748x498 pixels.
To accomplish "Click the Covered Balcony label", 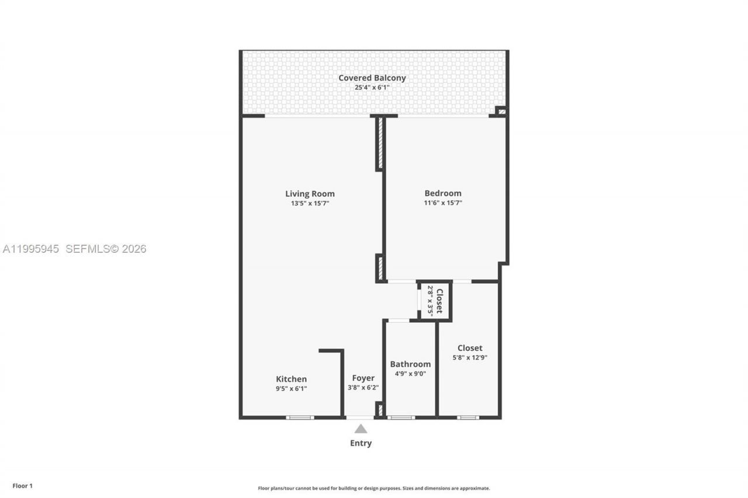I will [372, 78].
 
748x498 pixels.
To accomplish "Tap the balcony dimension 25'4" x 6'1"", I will [372, 88].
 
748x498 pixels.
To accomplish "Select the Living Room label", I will [310, 194].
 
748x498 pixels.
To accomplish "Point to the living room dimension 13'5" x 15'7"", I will [310, 203].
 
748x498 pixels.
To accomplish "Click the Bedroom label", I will [442, 193].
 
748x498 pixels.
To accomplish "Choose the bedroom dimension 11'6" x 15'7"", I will [442, 203].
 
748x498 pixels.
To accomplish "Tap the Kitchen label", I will [291, 379].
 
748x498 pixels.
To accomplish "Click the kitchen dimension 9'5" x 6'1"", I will [291, 388].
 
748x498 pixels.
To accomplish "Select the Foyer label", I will [363, 378].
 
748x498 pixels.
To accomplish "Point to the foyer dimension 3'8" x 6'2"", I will [363, 387].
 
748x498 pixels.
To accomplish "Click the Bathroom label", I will [410, 364].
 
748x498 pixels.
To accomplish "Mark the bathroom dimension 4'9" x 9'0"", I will [410, 374].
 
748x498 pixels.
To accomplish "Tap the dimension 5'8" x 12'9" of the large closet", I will [470, 358].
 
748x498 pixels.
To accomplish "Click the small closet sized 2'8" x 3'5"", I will [435, 301].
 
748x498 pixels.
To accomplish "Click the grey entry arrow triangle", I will [361, 429].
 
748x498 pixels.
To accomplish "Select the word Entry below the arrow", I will [361, 443].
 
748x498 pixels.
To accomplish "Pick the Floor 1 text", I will [23, 486].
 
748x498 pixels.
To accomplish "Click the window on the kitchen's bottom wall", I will [300, 417].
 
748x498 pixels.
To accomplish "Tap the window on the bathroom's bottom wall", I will [401, 417].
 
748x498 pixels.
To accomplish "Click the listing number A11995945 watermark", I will [31, 249].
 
